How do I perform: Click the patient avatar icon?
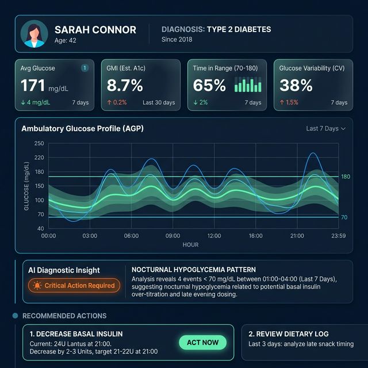pyautogui.click(x=34, y=34)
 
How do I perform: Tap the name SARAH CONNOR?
pyautogui.click(x=95, y=30)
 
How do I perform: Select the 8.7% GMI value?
pyautogui.click(x=125, y=86)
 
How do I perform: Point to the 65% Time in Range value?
pyautogui.click(x=209, y=86)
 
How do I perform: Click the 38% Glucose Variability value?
pyautogui.click(x=296, y=86)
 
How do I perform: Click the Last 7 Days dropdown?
pyautogui.click(x=326, y=128)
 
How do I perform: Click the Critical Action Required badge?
pyautogui.click(x=74, y=285)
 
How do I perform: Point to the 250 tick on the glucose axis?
pyautogui.click(x=39, y=144)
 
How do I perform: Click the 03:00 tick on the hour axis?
pyautogui.click(x=90, y=236)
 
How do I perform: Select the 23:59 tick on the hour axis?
pyautogui.click(x=339, y=236)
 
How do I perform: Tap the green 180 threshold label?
pyautogui.click(x=346, y=177)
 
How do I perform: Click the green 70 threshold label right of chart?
pyautogui.click(x=344, y=217)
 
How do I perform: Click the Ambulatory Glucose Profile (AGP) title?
pyautogui.click(x=82, y=129)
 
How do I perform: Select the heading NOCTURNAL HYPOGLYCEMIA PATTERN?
pyautogui.click(x=194, y=269)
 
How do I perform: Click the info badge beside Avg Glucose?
pyautogui.click(x=85, y=68)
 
